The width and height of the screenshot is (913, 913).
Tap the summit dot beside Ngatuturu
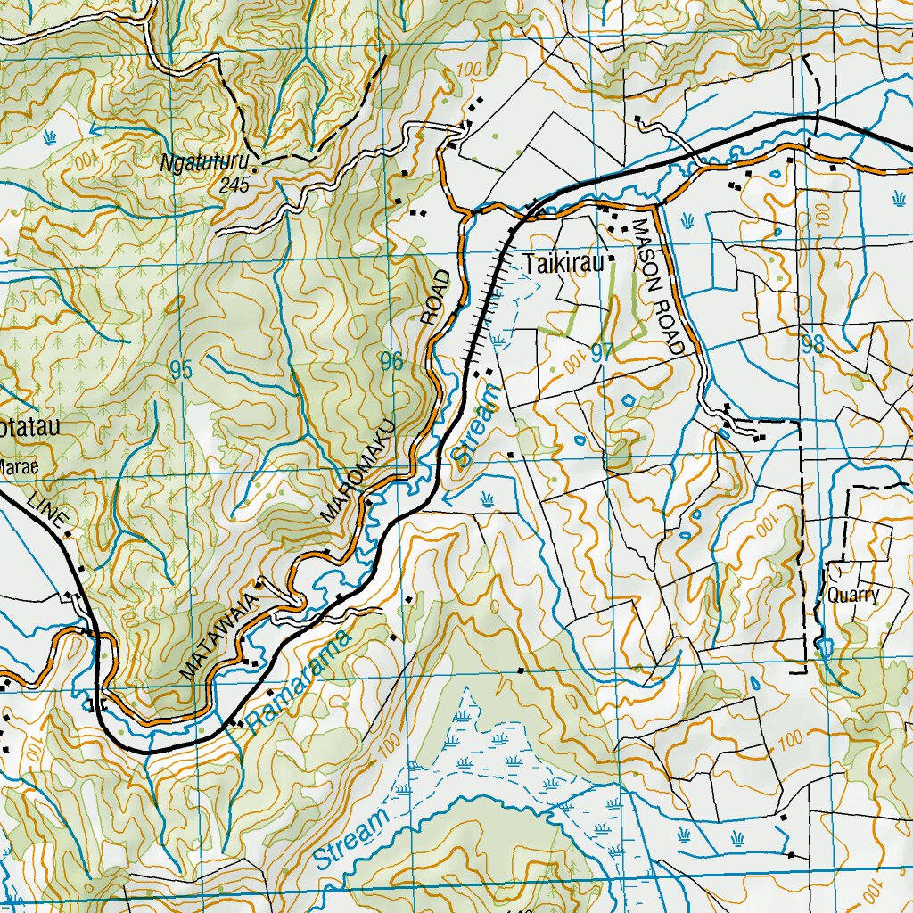[x=255, y=168]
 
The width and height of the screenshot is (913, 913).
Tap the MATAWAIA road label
[x=219, y=636]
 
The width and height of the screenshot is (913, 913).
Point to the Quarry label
[x=853, y=596]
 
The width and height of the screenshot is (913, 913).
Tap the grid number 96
[x=391, y=361]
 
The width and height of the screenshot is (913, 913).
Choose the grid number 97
[x=602, y=352]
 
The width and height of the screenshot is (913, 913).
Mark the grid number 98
[x=812, y=345]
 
